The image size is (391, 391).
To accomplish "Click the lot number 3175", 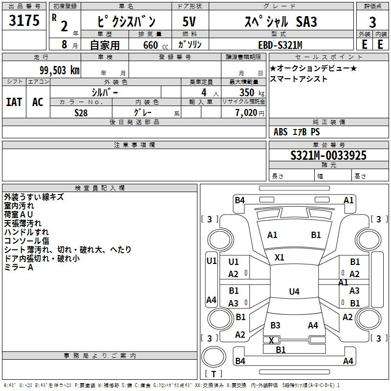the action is coord(24,20).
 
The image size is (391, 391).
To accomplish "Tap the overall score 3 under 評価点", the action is coord(372,22).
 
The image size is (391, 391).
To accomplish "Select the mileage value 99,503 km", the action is coord(60,70).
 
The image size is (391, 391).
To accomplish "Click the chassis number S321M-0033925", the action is coord(328,155).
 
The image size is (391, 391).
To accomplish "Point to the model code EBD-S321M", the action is coord(280,45).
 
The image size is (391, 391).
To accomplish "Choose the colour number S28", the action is coord(81,113).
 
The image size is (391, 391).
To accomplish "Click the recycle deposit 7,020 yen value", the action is coord(250,113).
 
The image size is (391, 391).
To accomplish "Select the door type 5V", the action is coord(189,22).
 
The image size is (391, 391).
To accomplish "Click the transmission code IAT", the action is coord(14,102).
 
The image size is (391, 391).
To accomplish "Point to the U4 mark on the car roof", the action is coord(294,291).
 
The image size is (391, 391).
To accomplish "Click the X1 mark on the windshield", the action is coord(279,258).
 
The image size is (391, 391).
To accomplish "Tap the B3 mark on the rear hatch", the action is coord(275,325).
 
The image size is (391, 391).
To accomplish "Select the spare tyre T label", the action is coord(214,374).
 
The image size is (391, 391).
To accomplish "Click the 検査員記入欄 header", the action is coord(100,188).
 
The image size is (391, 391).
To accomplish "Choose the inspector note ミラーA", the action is coord(19,267).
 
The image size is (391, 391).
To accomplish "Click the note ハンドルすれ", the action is coord(26,232).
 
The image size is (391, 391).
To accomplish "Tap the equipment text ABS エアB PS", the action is coord(297,132).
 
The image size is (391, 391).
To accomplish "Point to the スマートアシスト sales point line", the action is coord(298,79).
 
